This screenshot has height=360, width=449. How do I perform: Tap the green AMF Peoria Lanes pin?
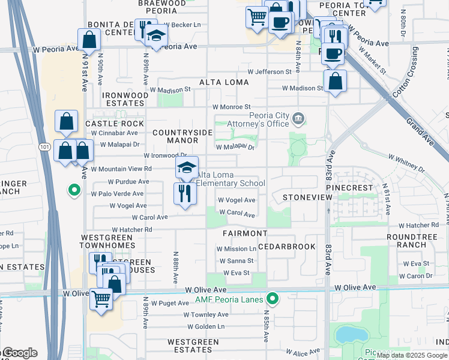pos(273,298)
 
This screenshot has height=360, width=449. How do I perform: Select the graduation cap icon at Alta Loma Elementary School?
pos(187,167)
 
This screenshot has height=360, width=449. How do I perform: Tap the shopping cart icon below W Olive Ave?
pos(101,298)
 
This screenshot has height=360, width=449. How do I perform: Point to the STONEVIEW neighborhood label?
pos(300,197)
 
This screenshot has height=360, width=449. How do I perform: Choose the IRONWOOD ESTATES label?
pos(125,99)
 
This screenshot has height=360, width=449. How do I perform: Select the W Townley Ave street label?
pos(206,314)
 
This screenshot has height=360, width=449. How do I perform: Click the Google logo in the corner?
pos(20,353)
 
